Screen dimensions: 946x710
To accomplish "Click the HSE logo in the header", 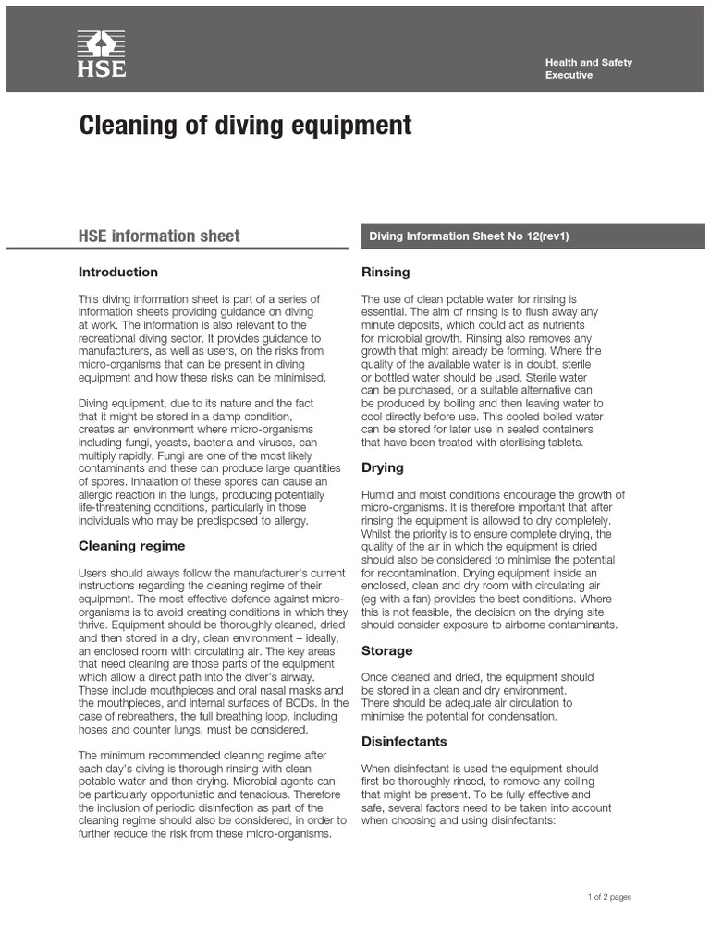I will (101, 54).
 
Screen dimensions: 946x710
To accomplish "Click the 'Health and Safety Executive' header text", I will (588, 68).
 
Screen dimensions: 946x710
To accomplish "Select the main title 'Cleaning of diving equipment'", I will (245, 126).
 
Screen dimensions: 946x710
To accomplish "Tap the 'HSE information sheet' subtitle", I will (159, 236).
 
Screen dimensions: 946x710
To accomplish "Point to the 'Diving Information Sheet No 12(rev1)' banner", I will (469, 236).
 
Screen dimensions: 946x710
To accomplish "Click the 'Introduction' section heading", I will (118, 272).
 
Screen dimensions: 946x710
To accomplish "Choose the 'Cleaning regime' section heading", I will (132, 546).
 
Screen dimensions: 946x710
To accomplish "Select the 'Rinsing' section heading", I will (386, 272).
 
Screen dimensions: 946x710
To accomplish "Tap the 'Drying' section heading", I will (382, 468).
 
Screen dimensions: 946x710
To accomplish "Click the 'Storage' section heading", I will (386, 650).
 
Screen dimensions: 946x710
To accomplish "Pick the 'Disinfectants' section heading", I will (404, 741).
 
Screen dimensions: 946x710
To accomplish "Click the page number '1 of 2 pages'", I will (609, 897).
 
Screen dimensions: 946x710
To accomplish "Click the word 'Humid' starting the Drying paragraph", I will (378, 494).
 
